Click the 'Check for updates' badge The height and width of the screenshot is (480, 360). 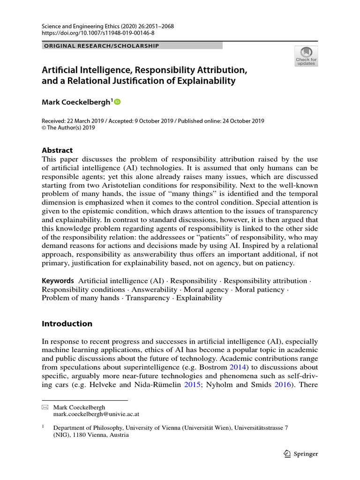tap(306, 56)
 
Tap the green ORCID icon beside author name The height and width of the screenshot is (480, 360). tap(117, 101)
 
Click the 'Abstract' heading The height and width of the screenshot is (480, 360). tap(57, 150)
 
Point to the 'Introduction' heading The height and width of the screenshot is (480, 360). tap(67, 323)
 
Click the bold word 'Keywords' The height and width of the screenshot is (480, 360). tap(58, 280)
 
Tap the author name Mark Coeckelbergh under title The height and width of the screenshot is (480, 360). tap(77, 102)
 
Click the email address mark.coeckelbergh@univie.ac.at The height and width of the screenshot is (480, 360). tap(96, 414)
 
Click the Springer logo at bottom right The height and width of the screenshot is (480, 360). tap(301, 454)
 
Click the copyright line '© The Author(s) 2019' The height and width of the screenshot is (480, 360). tap(68, 127)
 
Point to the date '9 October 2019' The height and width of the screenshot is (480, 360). tap(138, 120)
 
